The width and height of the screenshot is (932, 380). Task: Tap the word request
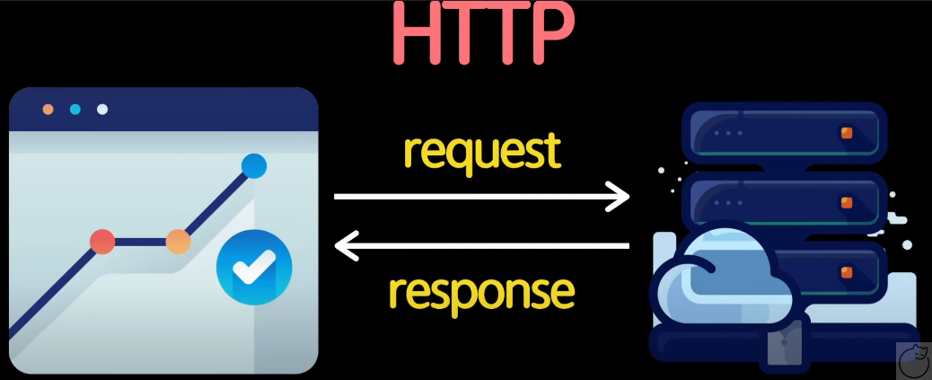coord(481,150)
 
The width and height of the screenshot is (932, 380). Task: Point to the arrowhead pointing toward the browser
coord(345,244)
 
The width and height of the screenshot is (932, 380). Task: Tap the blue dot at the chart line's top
coord(254,165)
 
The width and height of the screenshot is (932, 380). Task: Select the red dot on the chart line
coord(102,241)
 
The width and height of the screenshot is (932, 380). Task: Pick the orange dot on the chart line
coord(178,241)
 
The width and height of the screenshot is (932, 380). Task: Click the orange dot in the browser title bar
coord(48,110)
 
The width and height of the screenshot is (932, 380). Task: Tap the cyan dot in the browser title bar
coord(75,110)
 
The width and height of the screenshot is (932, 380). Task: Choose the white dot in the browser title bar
coord(102,110)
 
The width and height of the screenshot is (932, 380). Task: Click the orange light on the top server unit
coord(845,133)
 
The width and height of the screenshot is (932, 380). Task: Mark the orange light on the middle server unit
coord(845,202)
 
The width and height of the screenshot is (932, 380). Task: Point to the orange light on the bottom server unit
coord(845,272)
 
